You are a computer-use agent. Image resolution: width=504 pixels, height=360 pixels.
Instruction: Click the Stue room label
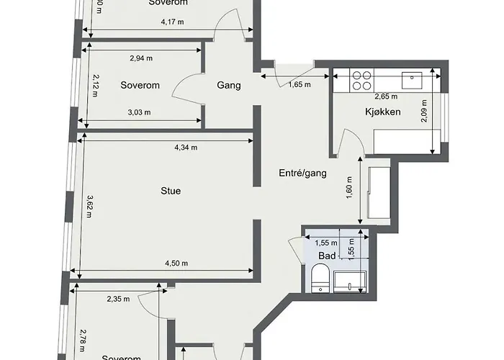point(171,191)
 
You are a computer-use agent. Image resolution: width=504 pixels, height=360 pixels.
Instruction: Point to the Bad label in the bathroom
point(326,255)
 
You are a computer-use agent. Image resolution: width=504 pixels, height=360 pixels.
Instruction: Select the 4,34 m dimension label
point(186,148)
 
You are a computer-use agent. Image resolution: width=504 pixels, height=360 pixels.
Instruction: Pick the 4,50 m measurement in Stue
point(176,263)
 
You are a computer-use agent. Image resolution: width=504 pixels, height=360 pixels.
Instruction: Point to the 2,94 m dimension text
point(140,59)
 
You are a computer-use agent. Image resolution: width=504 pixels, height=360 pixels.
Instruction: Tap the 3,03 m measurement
point(139,112)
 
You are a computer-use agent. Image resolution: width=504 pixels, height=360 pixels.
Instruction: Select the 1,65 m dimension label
point(300,84)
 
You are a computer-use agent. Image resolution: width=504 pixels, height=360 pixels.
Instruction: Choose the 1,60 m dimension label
point(348,192)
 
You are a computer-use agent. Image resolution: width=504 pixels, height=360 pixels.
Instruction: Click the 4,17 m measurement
point(171,22)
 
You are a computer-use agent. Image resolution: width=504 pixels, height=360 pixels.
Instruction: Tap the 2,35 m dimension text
point(119,299)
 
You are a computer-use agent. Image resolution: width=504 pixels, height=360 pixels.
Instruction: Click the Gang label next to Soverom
point(228,85)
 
